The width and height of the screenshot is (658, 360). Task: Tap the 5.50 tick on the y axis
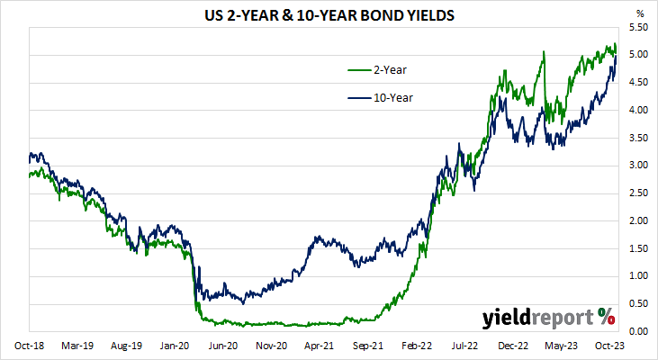click(638, 28)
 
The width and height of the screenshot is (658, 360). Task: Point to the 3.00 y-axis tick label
click(638, 166)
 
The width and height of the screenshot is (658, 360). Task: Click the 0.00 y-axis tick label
click(638, 331)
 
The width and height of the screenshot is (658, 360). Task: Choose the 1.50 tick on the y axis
click(638, 248)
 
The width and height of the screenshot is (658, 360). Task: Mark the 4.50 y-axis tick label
click(638, 83)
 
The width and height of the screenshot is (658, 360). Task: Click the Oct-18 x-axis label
click(29, 346)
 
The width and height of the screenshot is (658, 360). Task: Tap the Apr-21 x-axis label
click(320, 346)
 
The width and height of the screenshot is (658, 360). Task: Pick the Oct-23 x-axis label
click(610, 346)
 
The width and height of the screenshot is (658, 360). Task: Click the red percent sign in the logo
click(606, 317)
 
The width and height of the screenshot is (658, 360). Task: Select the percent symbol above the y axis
click(640, 13)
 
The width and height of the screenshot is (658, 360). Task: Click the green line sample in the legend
click(362, 68)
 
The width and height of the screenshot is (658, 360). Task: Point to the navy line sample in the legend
click(362, 97)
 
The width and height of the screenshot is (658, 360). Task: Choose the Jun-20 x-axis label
click(223, 346)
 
